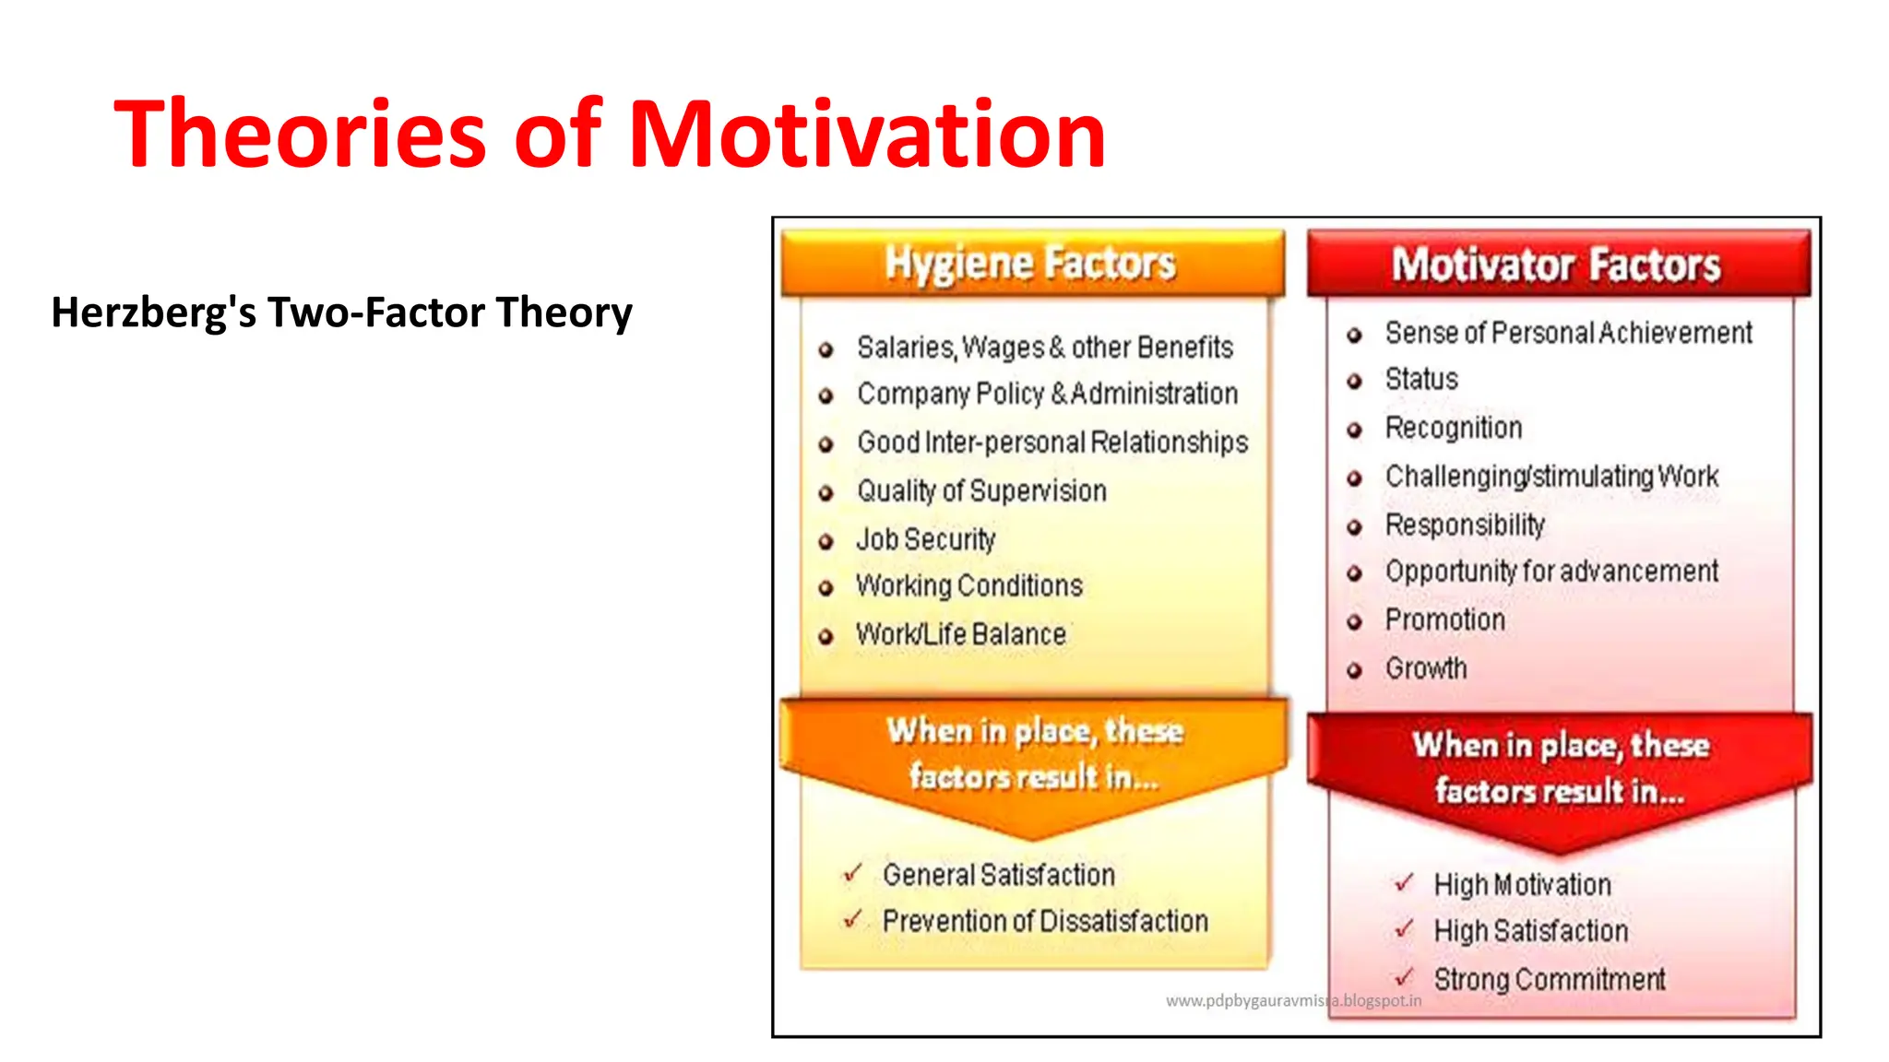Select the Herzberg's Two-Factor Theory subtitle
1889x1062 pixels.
click(x=341, y=313)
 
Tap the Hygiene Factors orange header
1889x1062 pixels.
click(x=1030, y=264)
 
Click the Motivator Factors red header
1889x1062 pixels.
click(x=1556, y=265)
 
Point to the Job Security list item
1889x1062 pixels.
click(x=925, y=539)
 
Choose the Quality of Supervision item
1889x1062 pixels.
click(x=981, y=491)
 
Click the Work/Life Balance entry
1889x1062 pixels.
click(x=960, y=634)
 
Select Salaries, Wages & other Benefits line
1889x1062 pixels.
click(x=1044, y=348)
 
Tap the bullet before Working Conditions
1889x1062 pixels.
click(x=826, y=588)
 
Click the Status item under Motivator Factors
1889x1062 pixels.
click(x=1420, y=379)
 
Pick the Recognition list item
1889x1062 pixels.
click(x=1453, y=428)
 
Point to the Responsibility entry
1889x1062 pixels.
click(x=1464, y=525)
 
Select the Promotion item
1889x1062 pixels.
click(x=1444, y=619)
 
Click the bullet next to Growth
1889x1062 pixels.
click(x=1354, y=670)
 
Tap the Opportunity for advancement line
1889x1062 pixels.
click(x=1550, y=572)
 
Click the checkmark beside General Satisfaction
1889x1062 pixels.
click(x=852, y=872)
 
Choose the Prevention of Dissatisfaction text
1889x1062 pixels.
click(x=1044, y=921)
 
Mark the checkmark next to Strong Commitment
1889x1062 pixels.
click(x=1404, y=976)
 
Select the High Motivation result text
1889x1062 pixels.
click(x=1522, y=885)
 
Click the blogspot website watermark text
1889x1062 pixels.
click(x=1293, y=1001)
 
